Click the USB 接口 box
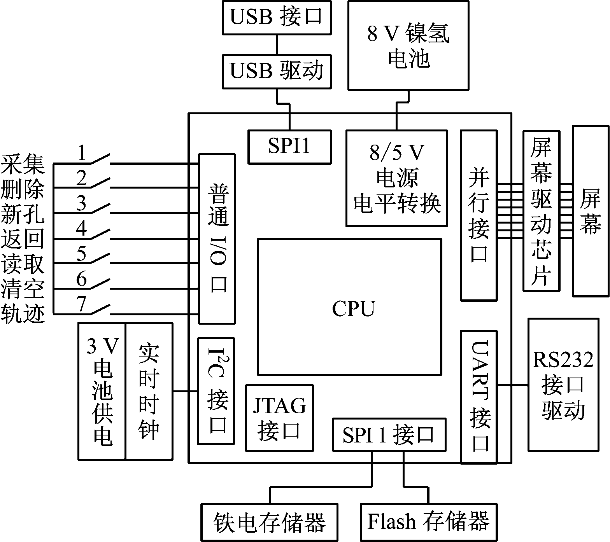276,17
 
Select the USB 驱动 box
276,72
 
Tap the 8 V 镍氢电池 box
408,45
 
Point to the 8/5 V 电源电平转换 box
396,178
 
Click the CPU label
353,309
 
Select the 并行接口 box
479,215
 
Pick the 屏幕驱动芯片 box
541,211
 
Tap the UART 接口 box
479,397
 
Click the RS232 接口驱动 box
563,385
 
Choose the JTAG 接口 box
279,418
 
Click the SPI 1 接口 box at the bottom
389,435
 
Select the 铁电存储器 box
269,522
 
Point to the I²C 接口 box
216,391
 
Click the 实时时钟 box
149,391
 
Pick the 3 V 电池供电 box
102,391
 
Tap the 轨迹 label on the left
23,314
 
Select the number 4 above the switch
82,229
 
